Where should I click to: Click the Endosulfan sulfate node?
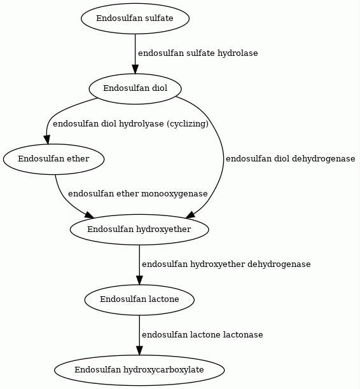pyautogui.click(x=135, y=18)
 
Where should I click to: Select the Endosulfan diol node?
pyautogui.click(x=135, y=88)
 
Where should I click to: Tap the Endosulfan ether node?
pyautogui.click(x=53, y=159)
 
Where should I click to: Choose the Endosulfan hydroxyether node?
pyautogui.click(x=139, y=229)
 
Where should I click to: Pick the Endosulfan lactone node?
pyautogui.click(x=139, y=299)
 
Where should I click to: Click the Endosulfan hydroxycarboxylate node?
pyautogui.click(x=139, y=370)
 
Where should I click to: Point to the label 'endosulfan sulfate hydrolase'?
pyautogui.click(x=198, y=53)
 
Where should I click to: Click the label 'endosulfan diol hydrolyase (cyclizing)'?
pyautogui.click(x=130, y=123)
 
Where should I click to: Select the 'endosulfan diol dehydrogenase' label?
pyautogui.click(x=290, y=159)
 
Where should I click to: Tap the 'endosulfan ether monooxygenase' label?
pyautogui.click(x=138, y=194)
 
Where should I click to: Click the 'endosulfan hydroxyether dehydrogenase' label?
pyautogui.click(x=226, y=264)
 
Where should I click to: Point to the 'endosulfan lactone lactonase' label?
pyautogui.click(x=202, y=335)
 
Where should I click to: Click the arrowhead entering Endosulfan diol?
pyautogui.click(x=135, y=69)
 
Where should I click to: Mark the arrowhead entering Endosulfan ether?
pyautogui.click(x=47, y=139)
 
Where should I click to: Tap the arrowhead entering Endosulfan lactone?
pyautogui.click(x=139, y=280)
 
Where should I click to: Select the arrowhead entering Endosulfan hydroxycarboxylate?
pyautogui.click(x=139, y=351)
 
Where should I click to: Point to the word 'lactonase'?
pyautogui.click(x=243, y=335)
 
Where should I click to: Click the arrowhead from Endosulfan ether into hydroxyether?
pyautogui.click(x=90, y=215)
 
